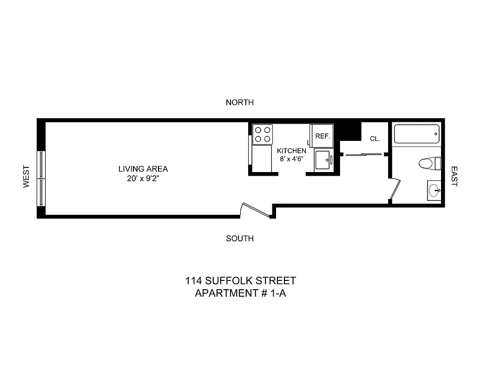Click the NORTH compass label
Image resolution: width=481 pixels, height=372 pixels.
[x=239, y=102]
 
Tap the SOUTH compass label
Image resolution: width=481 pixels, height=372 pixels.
[x=239, y=239]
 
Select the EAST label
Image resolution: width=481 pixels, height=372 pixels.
[x=454, y=177]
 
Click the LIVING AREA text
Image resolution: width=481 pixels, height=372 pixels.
[x=143, y=169]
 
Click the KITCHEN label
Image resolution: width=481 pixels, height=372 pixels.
[x=291, y=151]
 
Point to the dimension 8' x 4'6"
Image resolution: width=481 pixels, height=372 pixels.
[x=291, y=159]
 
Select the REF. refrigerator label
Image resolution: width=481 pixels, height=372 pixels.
[x=322, y=136]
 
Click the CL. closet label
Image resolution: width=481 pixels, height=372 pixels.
[x=375, y=139]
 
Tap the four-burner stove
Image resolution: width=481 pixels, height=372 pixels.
[x=262, y=134]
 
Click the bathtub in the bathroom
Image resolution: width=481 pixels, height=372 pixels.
[x=416, y=134]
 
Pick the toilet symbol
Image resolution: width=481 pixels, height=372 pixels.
[x=429, y=163]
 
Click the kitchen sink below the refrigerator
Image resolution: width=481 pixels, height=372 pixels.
[x=323, y=160]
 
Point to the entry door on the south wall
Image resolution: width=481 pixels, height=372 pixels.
[x=255, y=210]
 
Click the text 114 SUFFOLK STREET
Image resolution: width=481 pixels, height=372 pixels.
[x=238, y=281]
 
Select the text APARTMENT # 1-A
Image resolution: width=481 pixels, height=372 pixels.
[x=238, y=293]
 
